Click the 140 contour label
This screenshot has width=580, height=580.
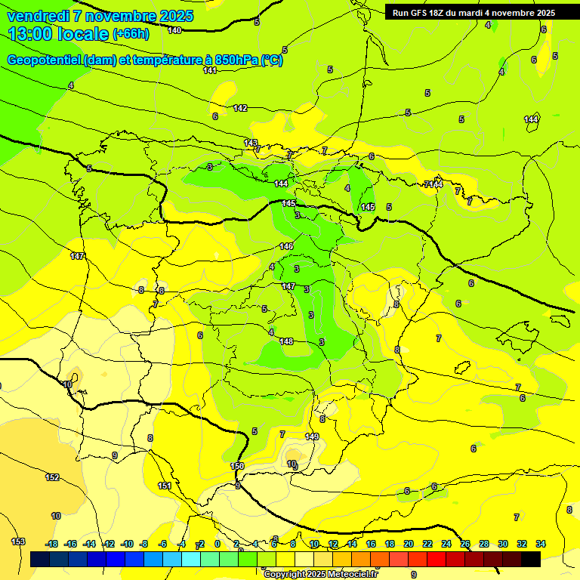tap(174, 30)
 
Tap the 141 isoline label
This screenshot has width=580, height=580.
tap(210, 70)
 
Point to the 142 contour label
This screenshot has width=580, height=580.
tap(240, 108)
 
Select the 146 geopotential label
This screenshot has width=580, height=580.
tap(286, 246)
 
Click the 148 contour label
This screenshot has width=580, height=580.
tap(286, 341)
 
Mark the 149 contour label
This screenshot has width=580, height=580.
tap(312, 437)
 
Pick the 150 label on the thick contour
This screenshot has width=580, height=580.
tap(237, 466)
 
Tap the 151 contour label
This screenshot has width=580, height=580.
tap(165, 486)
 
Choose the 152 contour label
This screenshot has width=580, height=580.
tap(52, 477)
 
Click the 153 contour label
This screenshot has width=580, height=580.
tap(18, 541)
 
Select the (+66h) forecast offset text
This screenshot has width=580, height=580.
tap(131, 34)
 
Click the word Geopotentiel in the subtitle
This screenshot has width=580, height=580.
tap(45, 60)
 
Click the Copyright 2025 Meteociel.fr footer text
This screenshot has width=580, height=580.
tap(320, 574)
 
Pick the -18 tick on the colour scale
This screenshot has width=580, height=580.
tap(52, 544)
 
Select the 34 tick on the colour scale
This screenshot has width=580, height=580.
tap(541, 544)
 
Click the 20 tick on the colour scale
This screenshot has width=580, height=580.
tap(408, 544)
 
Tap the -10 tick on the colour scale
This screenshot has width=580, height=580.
tap(127, 544)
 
